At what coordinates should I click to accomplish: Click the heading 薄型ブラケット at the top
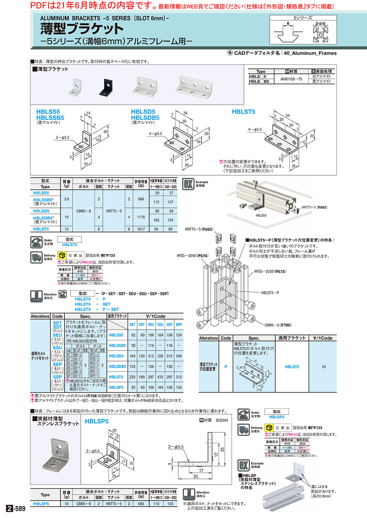[82, 29]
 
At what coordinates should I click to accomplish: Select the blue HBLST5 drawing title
[243, 112]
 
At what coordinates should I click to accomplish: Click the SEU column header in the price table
[151, 324]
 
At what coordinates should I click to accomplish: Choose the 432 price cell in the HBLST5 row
[160, 377]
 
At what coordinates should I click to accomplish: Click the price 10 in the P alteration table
[323, 367]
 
